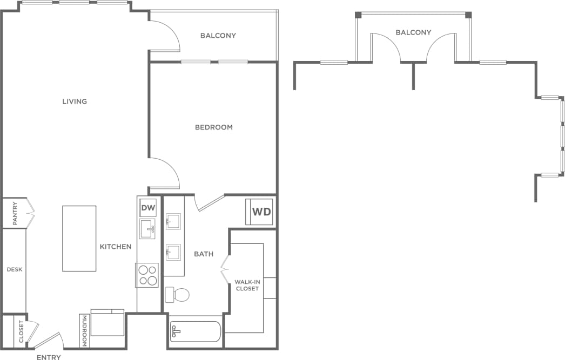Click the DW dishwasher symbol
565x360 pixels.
(x=147, y=207)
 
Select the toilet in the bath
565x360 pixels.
(x=178, y=295)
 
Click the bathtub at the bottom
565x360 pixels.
(x=196, y=332)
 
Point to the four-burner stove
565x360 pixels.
(x=147, y=275)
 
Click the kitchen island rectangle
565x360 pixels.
(x=79, y=238)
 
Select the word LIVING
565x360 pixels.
(x=75, y=101)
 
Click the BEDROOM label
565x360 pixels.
(x=213, y=127)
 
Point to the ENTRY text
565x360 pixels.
(x=49, y=357)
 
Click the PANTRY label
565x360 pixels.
(x=15, y=214)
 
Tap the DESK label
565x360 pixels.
(x=14, y=269)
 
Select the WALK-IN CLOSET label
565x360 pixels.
(x=246, y=286)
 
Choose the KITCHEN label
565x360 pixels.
(x=116, y=247)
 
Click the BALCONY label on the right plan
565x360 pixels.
(x=413, y=32)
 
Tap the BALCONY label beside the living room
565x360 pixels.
(x=218, y=36)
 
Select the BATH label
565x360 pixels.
(x=204, y=254)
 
